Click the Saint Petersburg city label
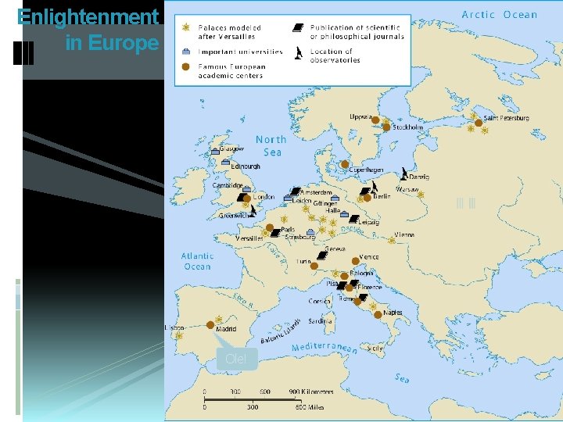506,118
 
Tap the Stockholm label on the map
407,127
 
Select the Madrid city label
225,329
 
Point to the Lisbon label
174,327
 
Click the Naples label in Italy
393,313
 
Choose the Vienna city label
404,234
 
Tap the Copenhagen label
366,170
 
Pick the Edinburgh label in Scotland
246,166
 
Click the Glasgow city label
231,148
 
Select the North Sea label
271,145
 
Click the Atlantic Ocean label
197,261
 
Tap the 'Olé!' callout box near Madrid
235,359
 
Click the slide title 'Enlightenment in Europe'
88,29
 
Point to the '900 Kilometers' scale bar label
311,392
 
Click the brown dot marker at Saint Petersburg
479,123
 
